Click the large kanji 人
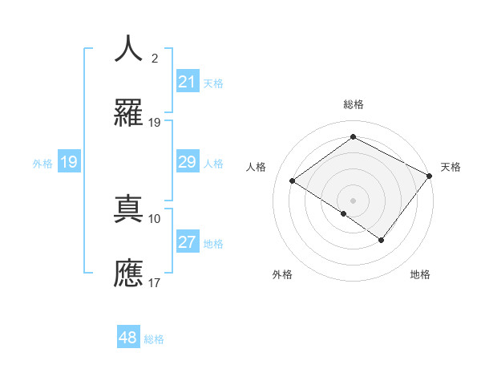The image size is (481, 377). tap(128, 49)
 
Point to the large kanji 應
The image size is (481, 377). tap(128, 273)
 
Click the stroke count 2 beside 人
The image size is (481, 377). tap(155, 59)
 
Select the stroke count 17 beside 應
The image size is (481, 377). tap(155, 282)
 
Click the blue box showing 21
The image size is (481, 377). tap(187, 82)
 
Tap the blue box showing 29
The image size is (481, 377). tap(187, 162)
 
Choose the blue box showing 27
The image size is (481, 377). tap(187, 242)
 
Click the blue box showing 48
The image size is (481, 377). tap(128, 338)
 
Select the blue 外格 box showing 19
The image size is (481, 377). tap(69, 162)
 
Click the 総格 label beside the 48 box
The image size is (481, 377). tap(154, 339)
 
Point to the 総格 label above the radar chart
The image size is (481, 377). tap(353, 104)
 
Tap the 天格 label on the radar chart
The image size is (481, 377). tap(451, 167)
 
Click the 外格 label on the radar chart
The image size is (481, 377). tap(282, 274)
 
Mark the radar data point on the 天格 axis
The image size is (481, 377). tap(430, 176)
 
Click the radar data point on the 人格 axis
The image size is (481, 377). tap(293, 181)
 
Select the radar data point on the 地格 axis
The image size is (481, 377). tap(382, 240)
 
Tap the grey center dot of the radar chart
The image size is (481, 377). tap(353, 200)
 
